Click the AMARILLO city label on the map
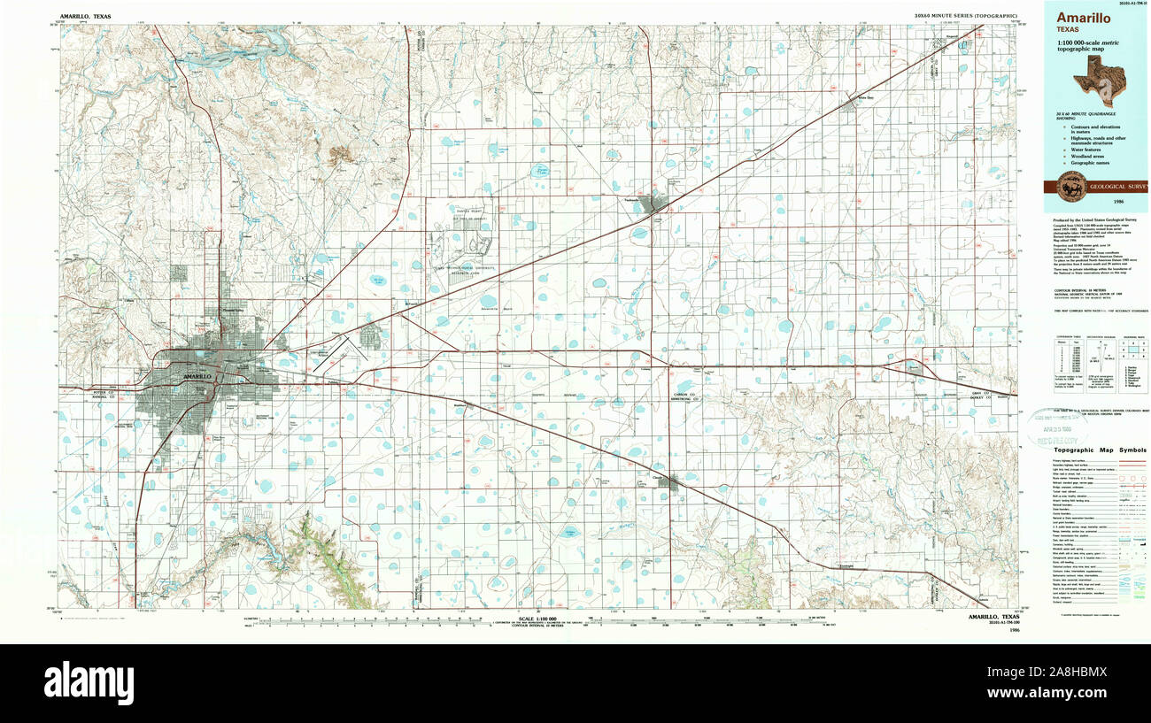coord(197,377)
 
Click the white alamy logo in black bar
coord(89,682)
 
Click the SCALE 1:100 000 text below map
coord(535,617)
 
